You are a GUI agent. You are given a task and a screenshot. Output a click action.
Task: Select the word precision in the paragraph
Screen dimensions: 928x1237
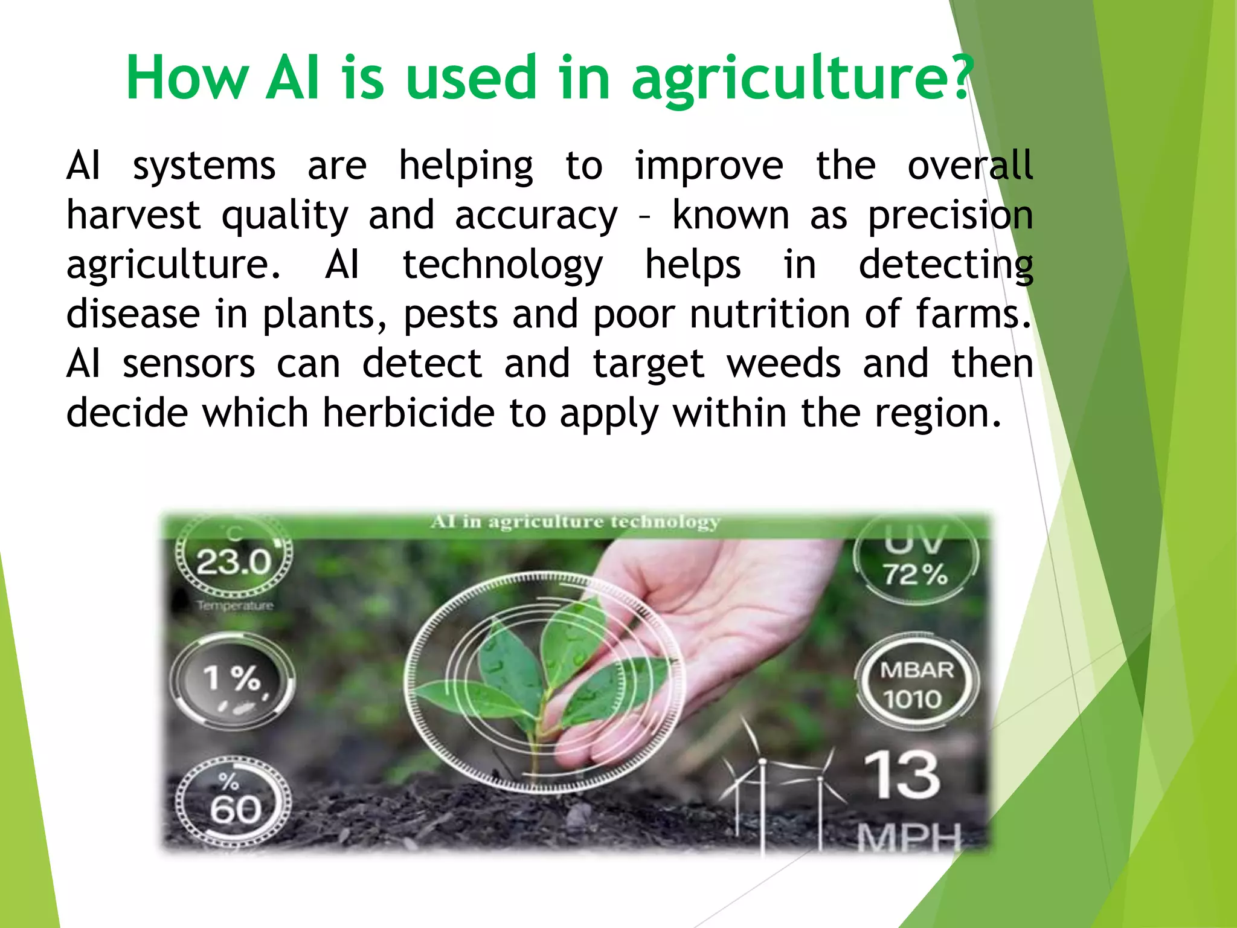tap(950, 216)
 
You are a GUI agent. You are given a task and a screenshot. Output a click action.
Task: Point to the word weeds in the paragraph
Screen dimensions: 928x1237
tap(783, 364)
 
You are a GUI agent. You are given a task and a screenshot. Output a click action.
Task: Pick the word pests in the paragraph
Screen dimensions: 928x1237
tap(451, 314)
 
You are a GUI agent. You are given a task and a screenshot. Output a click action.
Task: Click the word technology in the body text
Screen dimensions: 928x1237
tap(503, 265)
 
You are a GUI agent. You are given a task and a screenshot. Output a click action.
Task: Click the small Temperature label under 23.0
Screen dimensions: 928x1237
tap(235, 605)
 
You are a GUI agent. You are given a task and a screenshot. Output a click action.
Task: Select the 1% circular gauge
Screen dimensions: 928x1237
tap(233, 680)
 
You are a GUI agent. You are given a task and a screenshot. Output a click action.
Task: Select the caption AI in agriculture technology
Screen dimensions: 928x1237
tap(575, 521)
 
